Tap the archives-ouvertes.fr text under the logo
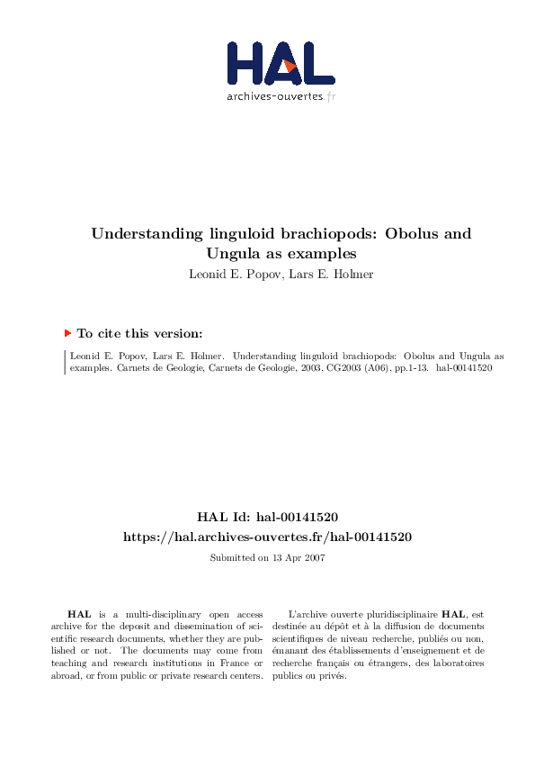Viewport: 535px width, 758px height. coord(281,95)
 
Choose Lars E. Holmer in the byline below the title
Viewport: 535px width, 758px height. coord(334,274)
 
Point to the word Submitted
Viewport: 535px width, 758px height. coord(230,558)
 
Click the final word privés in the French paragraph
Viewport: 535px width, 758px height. coord(333,676)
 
